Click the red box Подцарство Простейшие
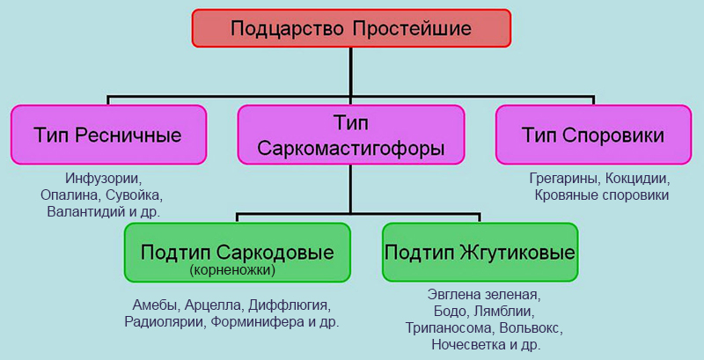click(351, 28)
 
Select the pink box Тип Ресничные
click(108, 135)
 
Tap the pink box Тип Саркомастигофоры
click(350, 135)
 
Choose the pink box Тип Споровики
click(592, 135)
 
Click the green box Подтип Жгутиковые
click(480, 252)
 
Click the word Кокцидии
click(639, 177)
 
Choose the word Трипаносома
click(449, 328)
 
